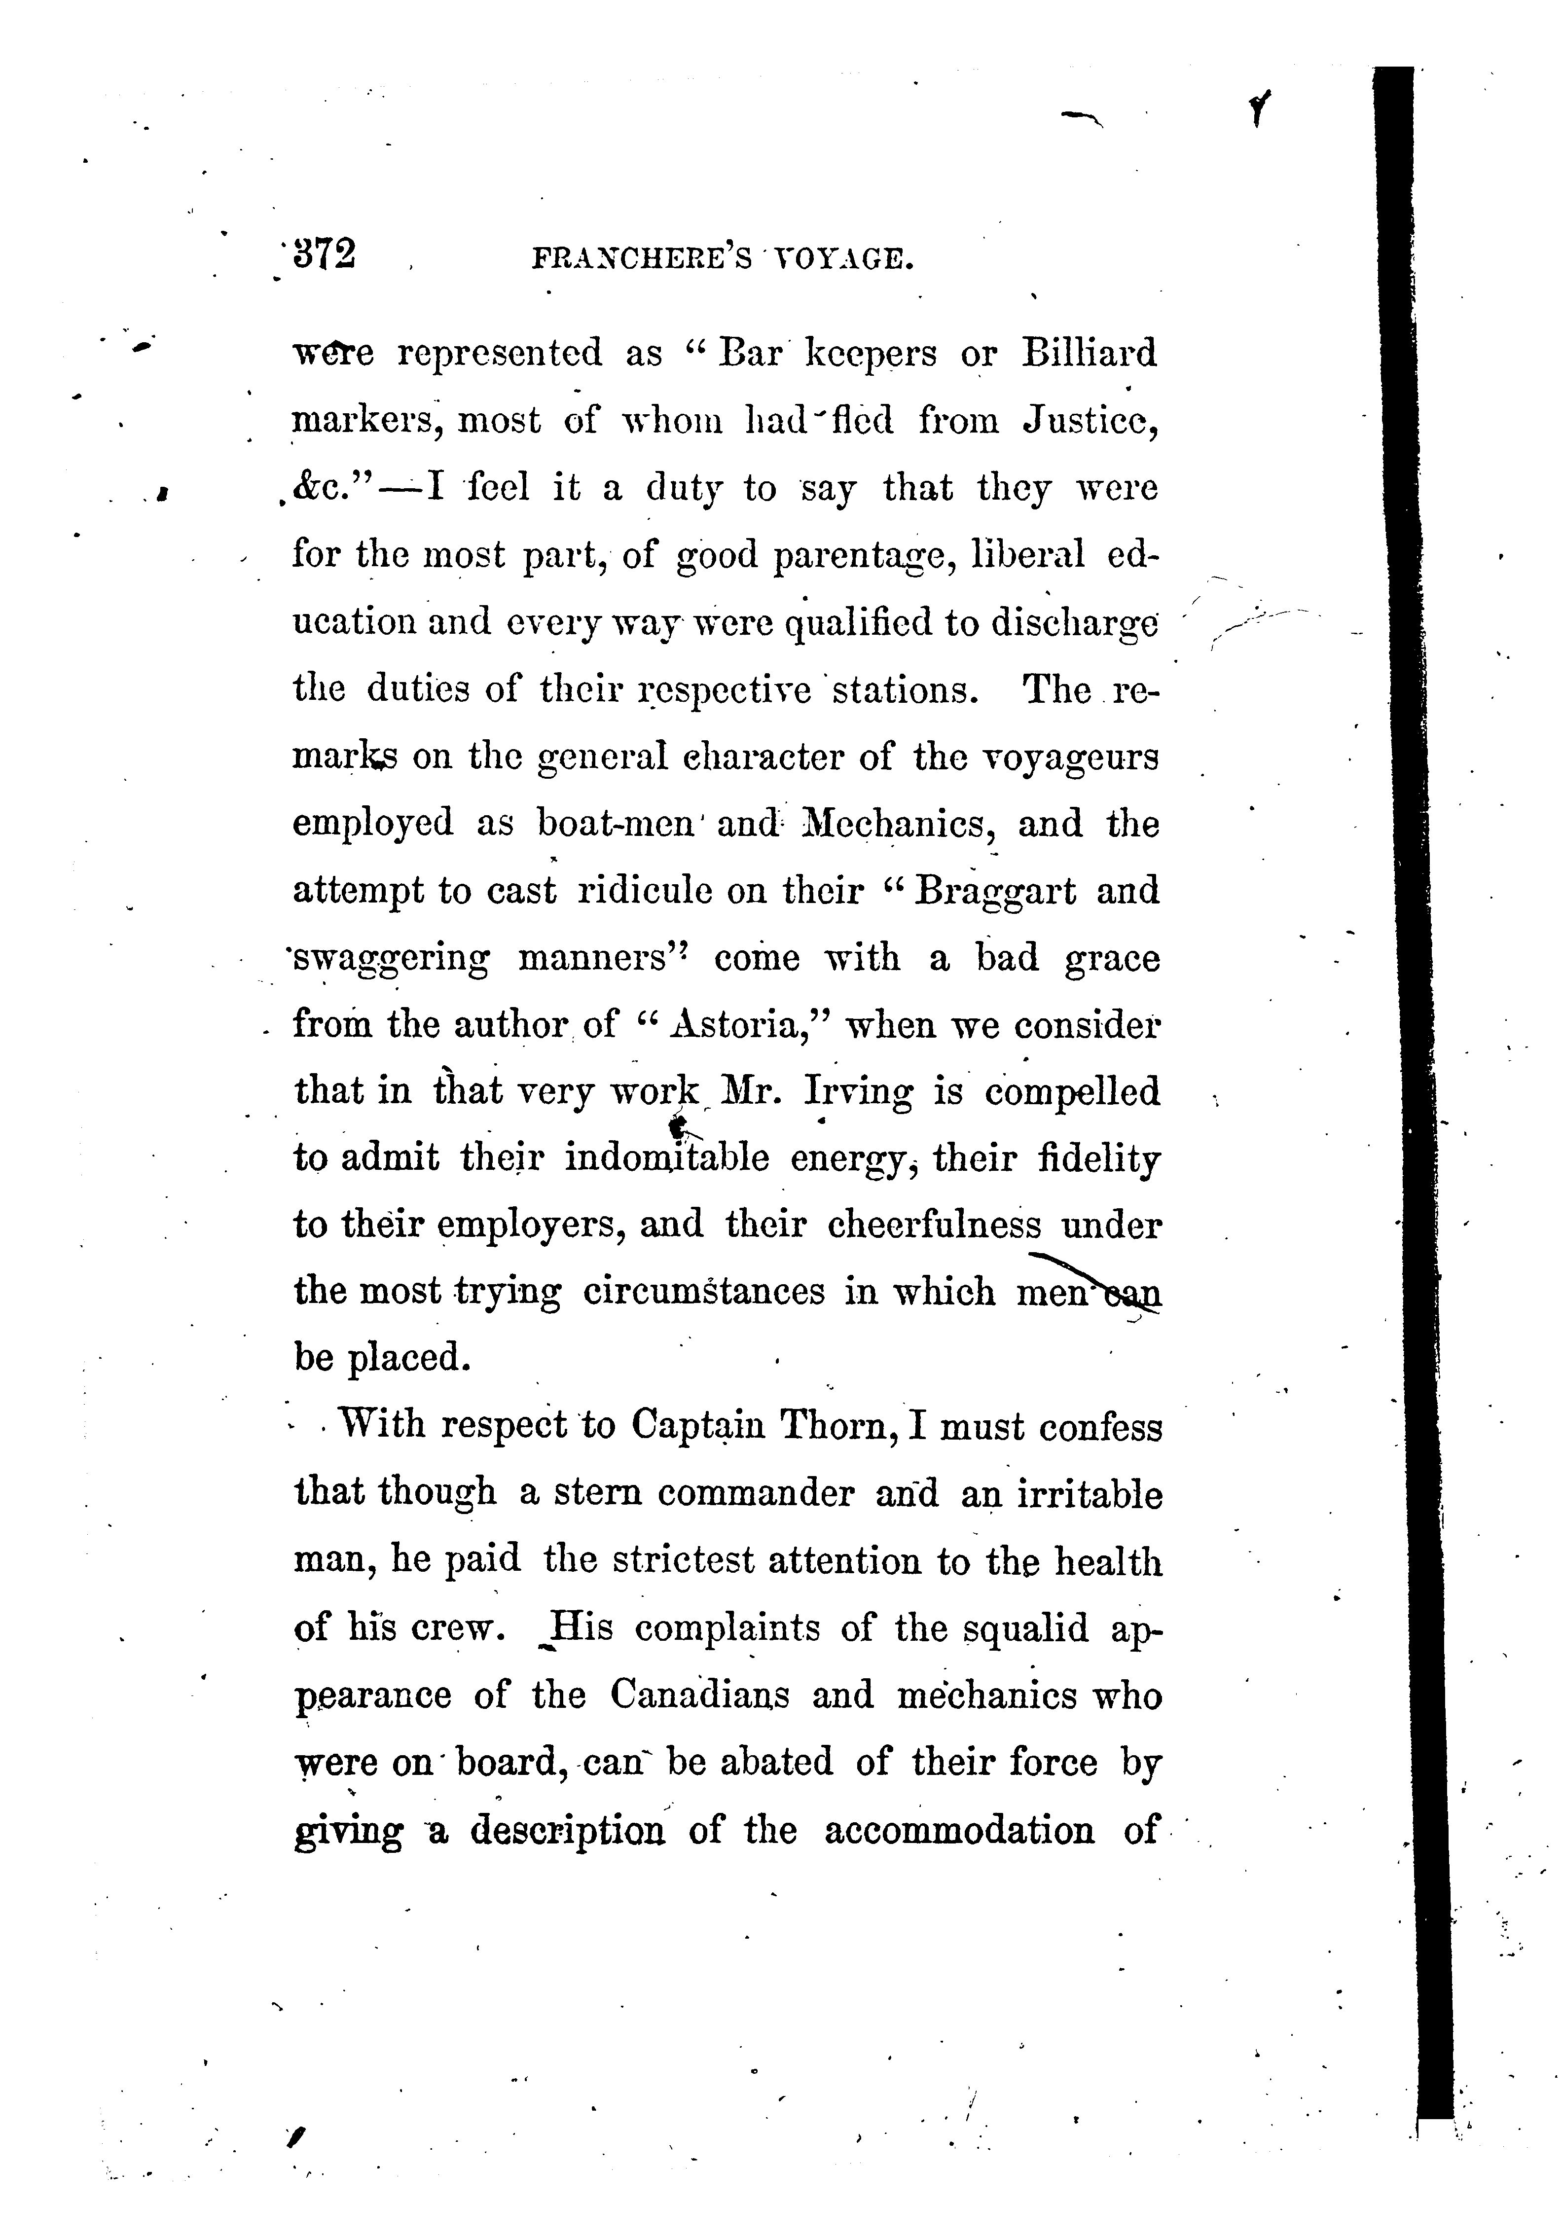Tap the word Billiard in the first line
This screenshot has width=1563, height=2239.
click(1089, 353)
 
